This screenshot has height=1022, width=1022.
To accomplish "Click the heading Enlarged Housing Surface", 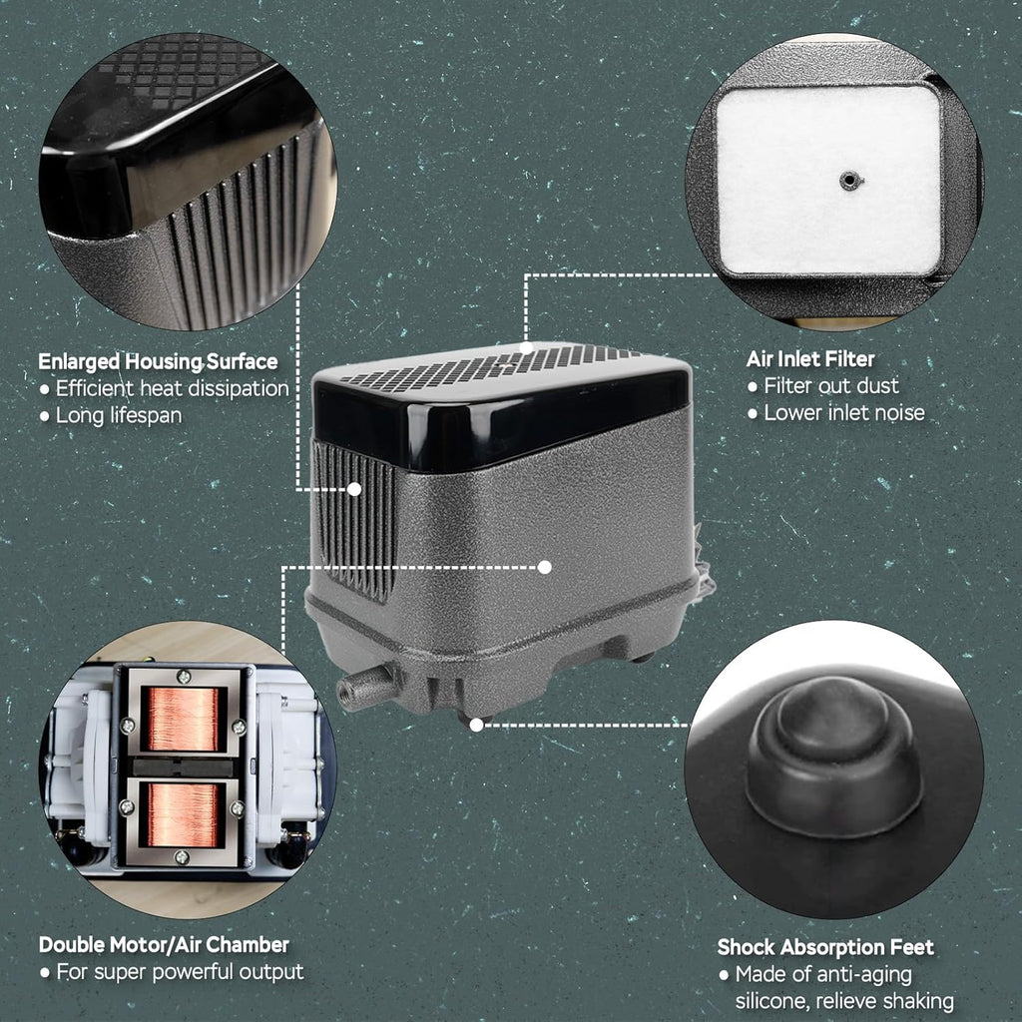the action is tap(158, 361).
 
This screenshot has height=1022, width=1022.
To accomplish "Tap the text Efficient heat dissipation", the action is tap(172, 388).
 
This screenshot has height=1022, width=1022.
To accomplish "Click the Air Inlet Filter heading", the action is tap(810, 359).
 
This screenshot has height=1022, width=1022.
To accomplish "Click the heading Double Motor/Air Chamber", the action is tap(164, 944).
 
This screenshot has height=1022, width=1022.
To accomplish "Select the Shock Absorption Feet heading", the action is tap(825, 947).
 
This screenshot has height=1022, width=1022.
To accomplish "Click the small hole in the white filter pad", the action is tap(848, 180).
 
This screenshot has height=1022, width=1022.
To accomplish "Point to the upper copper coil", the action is tap(184, 719).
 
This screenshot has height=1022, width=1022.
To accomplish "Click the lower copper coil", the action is tap(182, 814).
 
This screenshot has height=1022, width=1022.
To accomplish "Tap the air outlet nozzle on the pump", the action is tap(365, 686).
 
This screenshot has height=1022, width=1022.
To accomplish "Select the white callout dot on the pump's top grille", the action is tap(527, 348).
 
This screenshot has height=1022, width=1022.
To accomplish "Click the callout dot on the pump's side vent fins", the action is tap(354, 489).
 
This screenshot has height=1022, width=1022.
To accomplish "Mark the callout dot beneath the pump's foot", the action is tap(476, 725).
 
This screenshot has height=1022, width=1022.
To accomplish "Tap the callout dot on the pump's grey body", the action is tap(545, 567).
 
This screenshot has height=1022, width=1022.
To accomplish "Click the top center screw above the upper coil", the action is tap(185, 677).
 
